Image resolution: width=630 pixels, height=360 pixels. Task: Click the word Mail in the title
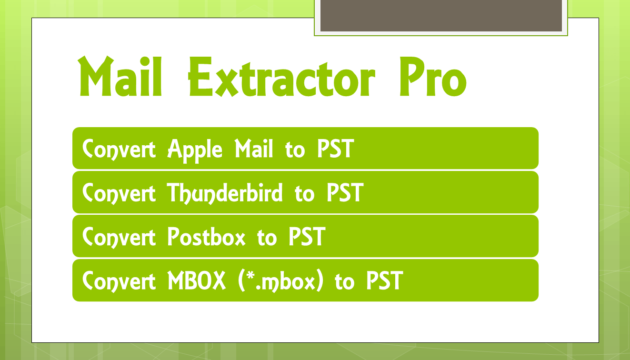point(120,76)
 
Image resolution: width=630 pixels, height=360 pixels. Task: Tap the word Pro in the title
point(433,76)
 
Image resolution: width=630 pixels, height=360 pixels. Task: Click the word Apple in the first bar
point(195,150)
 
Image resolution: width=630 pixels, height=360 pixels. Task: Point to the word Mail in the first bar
point(254,148)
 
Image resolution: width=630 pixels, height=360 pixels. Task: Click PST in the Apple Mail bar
point(336,148)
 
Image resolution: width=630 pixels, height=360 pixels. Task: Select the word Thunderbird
point(224,193)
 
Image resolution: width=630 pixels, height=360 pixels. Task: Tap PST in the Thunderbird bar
point(345,192)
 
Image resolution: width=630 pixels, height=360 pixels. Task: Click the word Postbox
point(207,237)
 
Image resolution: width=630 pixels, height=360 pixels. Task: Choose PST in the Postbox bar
point(307,237)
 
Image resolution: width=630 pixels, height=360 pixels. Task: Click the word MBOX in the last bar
point(197,280)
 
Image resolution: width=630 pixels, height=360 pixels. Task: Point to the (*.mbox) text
point(281,281)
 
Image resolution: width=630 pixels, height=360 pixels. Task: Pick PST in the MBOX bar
point(385,280)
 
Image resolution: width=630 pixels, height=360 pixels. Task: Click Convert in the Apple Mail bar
point(119,149)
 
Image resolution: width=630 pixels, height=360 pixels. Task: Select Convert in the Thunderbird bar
point(119,193)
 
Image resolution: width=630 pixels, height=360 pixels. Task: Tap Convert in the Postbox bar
point(119,237)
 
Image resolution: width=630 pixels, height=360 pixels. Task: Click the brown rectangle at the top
point(441,15)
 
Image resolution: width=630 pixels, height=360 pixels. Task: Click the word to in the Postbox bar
point(267,238)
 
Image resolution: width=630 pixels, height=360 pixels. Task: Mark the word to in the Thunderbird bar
point(305,194)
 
